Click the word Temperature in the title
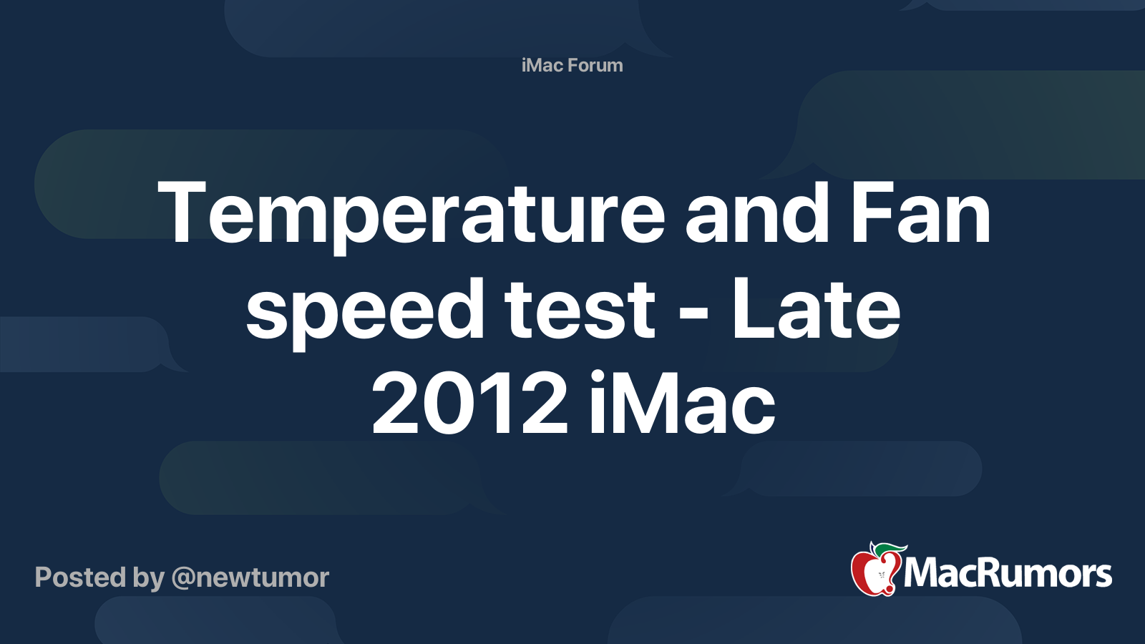(x=411, y=213)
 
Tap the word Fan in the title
(x=920, y=213)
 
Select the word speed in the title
(x=365, y=309)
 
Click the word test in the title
(x=580, y=309)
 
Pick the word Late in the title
(x=815, y=309)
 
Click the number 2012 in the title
(x=469, y=404)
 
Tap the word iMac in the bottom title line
(x=681, y=404)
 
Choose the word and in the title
(x=757, y=213)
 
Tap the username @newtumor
(x=250, y=577)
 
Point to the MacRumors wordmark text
(x=1008, y=573)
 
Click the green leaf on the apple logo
(x=892, y=549)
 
